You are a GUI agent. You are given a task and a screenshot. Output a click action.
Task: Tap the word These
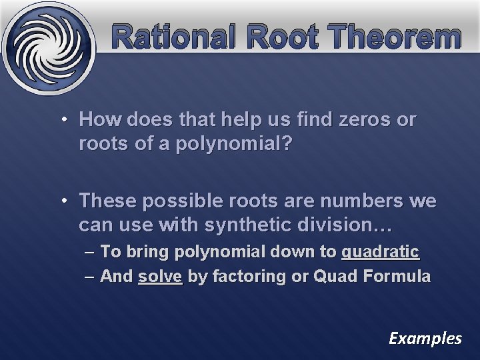tap(105, 201)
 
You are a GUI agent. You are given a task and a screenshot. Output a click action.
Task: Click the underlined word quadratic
tap(380, 253)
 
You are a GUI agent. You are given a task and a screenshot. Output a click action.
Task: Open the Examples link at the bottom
tap(425, 339)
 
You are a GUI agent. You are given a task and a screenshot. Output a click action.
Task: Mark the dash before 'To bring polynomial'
tap(89, 253)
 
